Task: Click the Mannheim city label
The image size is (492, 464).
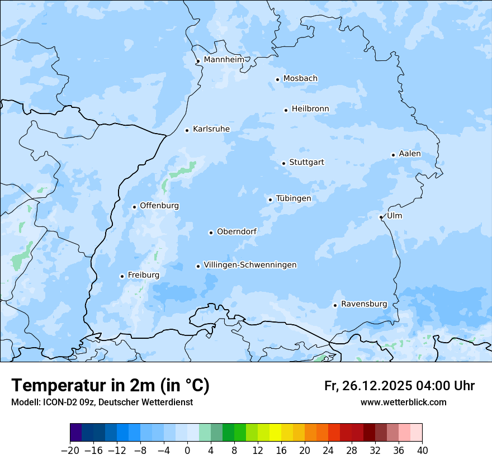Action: pyautogui.click(x=224, y=59)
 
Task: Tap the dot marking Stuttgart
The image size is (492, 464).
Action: pyautogui.click(x=283, y=163)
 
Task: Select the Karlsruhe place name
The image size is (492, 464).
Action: pyautogui.click(x=211, y=129)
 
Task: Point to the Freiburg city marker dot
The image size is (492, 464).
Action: pyautogui.click(x=122, y=276)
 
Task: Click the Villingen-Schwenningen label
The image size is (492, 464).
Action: pyautogui.click(x=250, y=265)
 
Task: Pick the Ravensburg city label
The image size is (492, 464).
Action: pyautogui.click(x=364, y=304)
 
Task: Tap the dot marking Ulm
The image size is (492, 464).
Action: pyautogui.click(x=381, y=217)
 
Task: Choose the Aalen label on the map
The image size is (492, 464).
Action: pyautogui.click(x=410, y=154)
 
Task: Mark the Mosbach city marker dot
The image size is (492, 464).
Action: pyautogui.click(x=277, y=79)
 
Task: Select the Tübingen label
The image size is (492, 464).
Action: pyautogui.click(x=294, y=198)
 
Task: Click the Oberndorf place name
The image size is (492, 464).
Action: pyautogui.click(x=236, y=231)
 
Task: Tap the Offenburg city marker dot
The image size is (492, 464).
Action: pyautogui.click(x=134, y=207)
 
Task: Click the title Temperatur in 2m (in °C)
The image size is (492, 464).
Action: pyautogui.click(x=111, y=385)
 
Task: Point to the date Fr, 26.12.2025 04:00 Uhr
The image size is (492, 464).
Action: pyautogui.click(x=399, y=386)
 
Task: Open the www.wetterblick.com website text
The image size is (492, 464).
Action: pyautogui.click(x=403, y=402)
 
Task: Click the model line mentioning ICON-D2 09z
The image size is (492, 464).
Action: pyautogui.click(x=102, y=402)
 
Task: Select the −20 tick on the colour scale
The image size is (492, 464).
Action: pyautogui.click(x=70, y=451)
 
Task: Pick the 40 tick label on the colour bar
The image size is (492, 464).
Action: pyautogui.click(x=422, y=451)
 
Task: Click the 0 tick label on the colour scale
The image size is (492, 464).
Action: pyautogui.click(x=187, y=451)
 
